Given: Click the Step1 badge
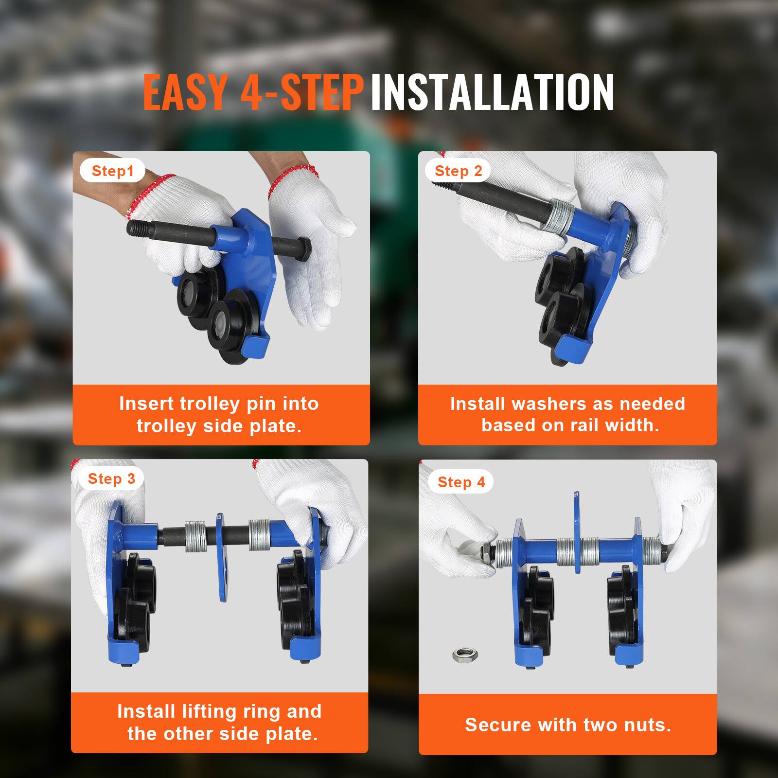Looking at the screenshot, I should [112, 171].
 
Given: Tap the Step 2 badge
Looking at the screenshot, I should [458, 171].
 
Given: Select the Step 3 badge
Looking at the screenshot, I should [111, 478].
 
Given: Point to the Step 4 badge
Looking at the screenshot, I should [461, 482].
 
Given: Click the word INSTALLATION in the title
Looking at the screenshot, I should [492, 92].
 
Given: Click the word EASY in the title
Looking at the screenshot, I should [185, 92].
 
